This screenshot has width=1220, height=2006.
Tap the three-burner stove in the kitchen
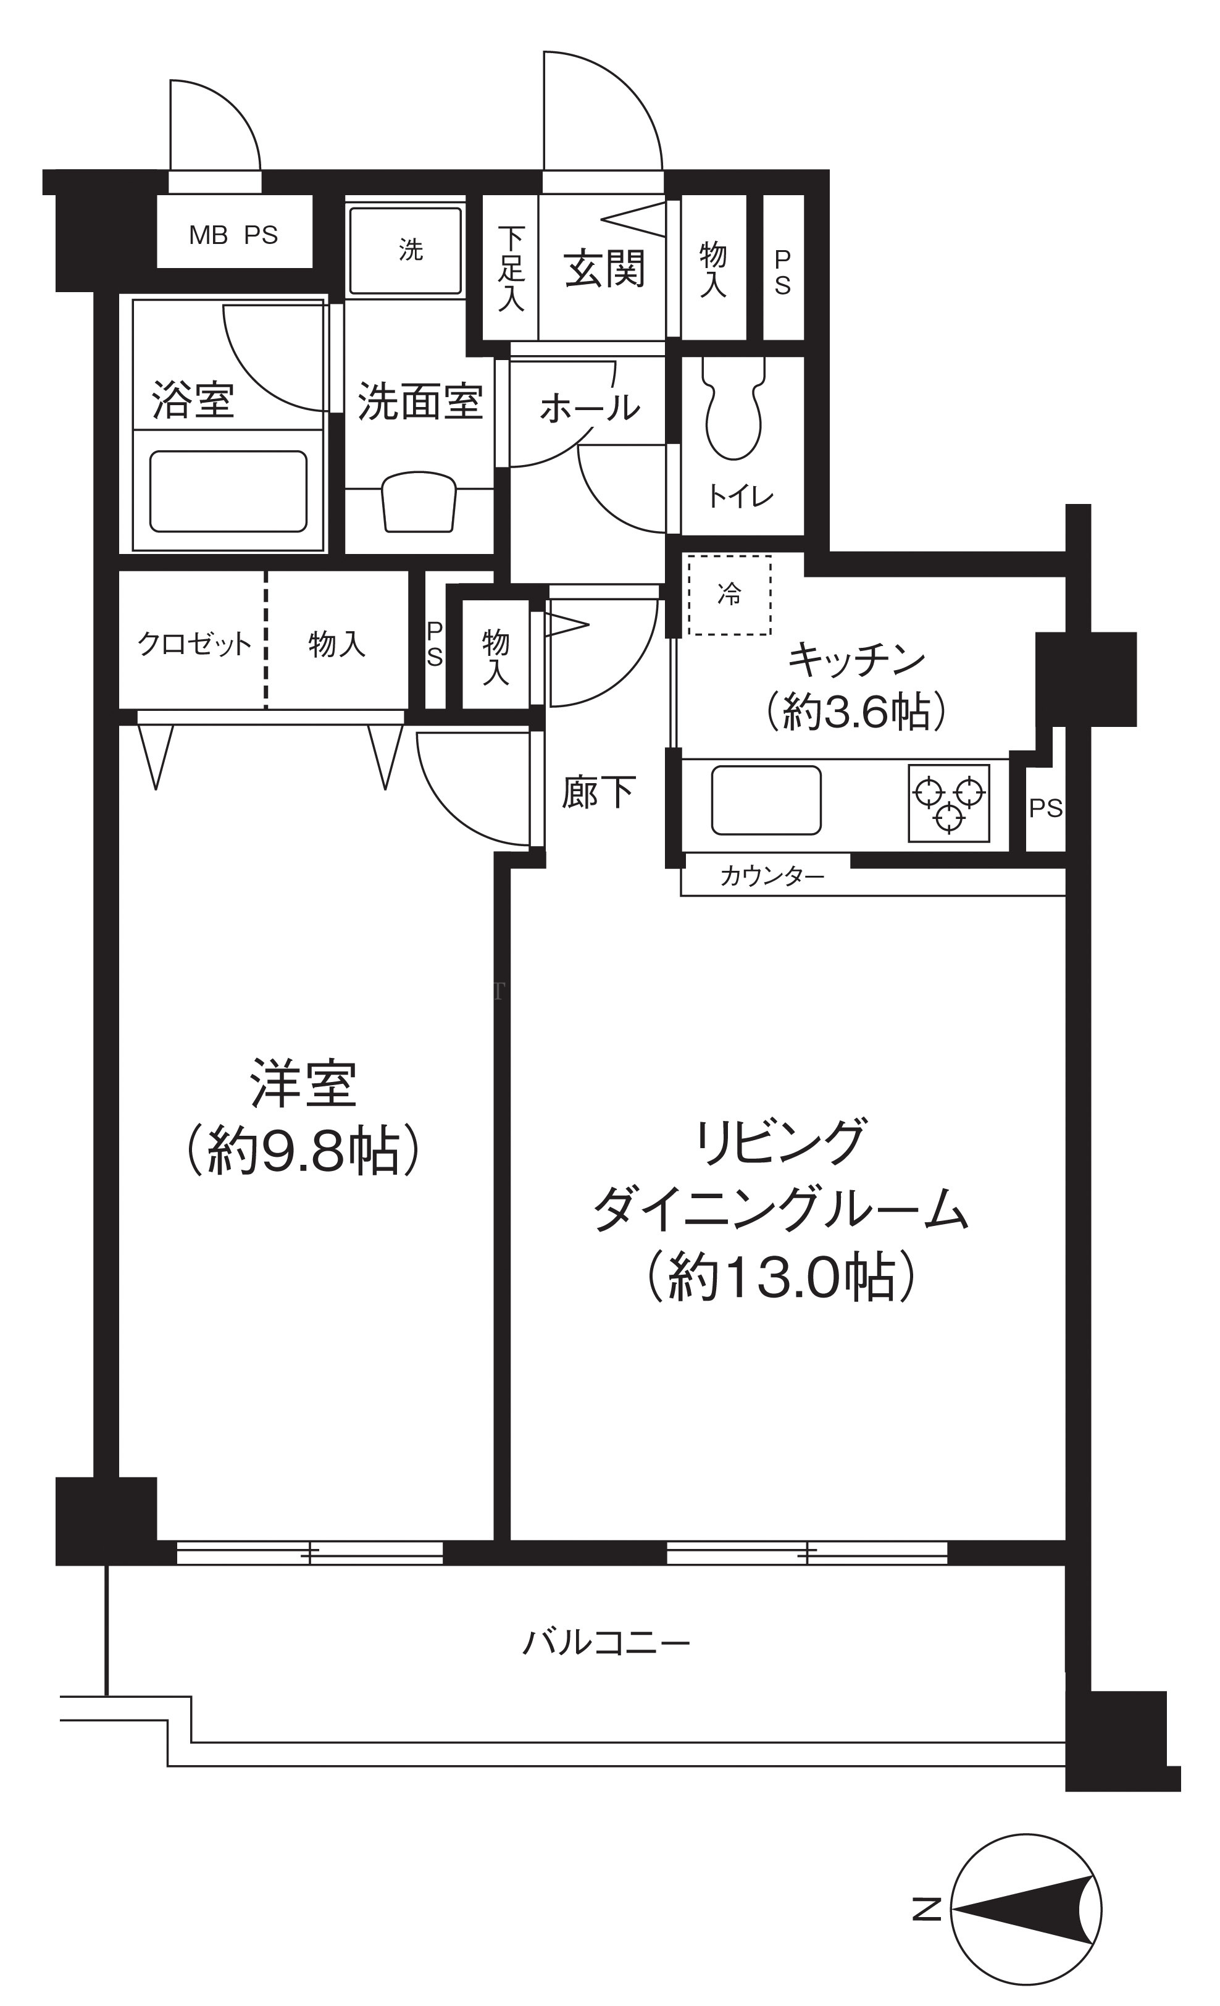pos(949,803)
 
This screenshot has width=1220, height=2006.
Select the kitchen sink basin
pos(766,800)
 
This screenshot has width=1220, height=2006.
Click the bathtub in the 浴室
pos(228,492)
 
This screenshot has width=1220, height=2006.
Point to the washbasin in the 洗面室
pos(419,502)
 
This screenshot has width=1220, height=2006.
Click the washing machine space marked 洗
pos(405,250)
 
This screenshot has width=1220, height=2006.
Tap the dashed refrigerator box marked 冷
pos(729,595)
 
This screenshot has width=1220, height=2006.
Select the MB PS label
pos(233,235)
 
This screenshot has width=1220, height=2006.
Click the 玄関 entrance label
pos(604,269)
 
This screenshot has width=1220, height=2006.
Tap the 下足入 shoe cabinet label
pos(511,269)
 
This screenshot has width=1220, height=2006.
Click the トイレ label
pos(741,496)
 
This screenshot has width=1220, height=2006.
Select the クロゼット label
pos(194,644)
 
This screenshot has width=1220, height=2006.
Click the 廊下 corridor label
pos(598,792)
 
